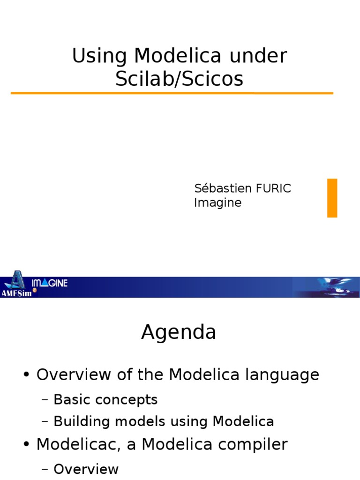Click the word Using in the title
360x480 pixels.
pyautogui.click(x=99, y=56)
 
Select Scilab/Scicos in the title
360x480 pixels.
pyautogui.click(x=180, y=79)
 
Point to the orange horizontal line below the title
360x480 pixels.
pyautogui.click(x=172, y=93)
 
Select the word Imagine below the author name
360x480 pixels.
pyautogui.click(x=217, y=203)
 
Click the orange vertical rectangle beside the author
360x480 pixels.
pyautogui.click(x=332, y=198)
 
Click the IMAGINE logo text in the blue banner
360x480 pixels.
pyautogui.click(x=50, y=283)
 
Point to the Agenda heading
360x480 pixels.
pyautogui.click(x=179, y=332)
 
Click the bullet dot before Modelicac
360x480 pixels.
pyautogui.click(x=27, y=445)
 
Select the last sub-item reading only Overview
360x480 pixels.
pyautogui.click(x=86, y=469)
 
